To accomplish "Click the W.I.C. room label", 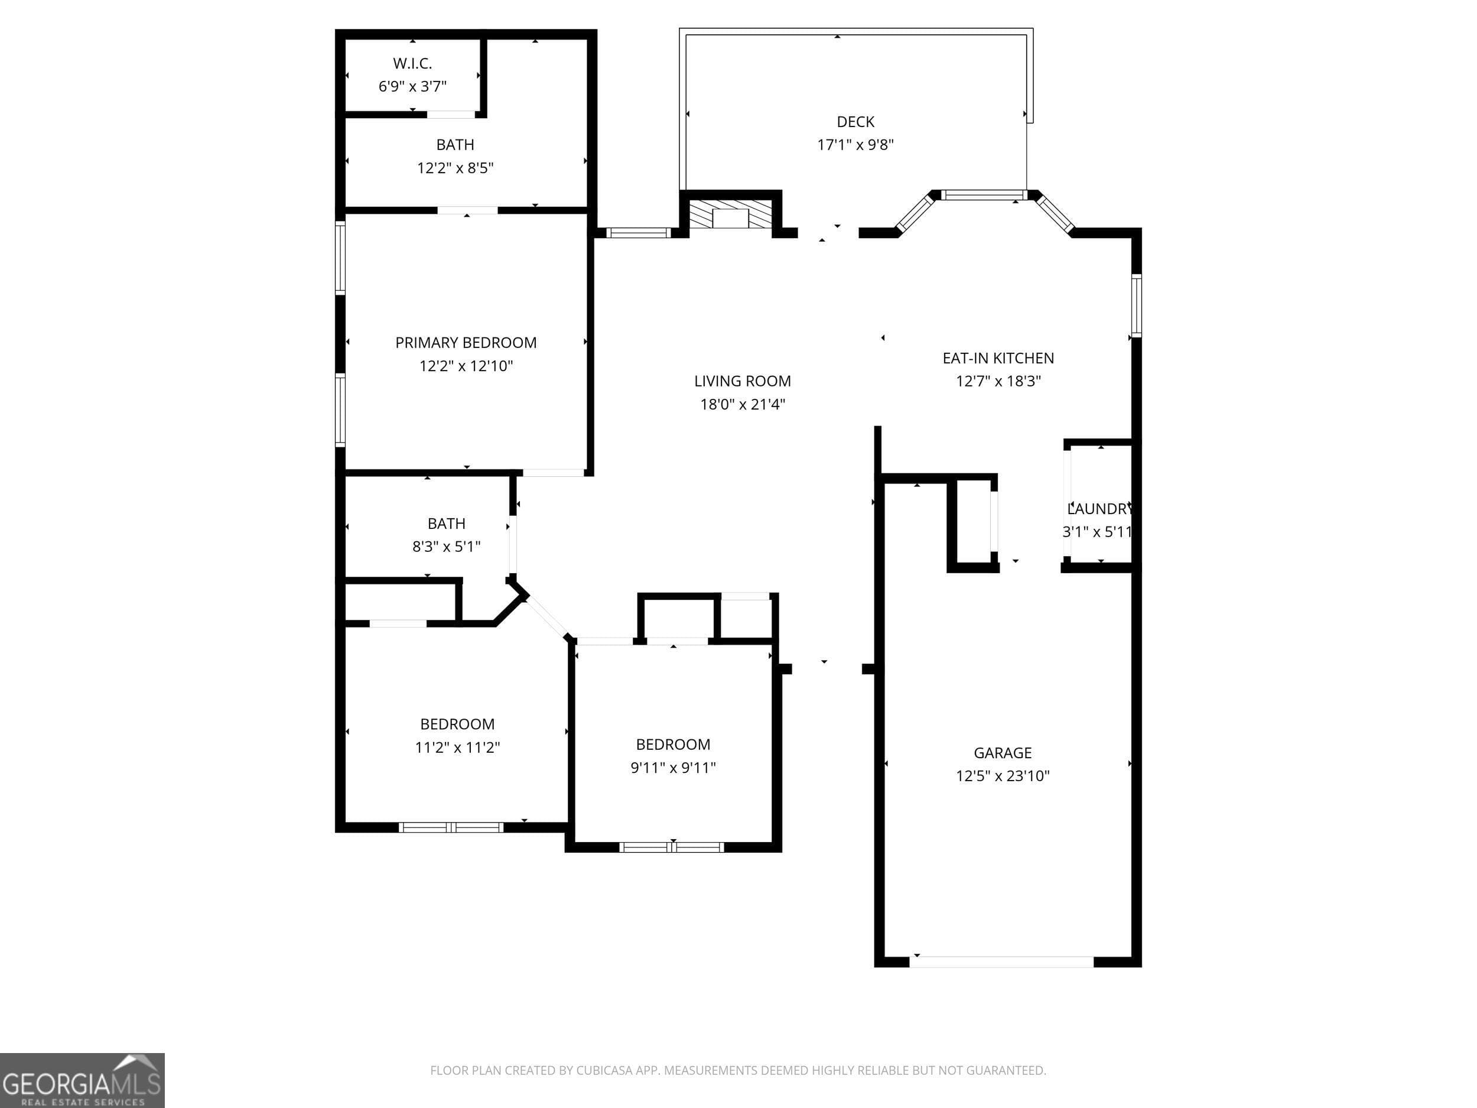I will point(412,63).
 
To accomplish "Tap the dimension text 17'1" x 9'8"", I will point(855,144).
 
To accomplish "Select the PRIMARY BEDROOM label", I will point(466,343).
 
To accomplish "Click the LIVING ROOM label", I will point(742,381).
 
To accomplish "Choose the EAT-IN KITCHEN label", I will point(998,358).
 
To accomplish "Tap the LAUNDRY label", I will point(1098,509).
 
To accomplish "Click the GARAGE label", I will point(1002,753).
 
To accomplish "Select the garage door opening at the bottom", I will point(1001,961).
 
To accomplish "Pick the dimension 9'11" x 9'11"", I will point(673,768).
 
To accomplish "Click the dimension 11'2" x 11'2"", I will point(457,748).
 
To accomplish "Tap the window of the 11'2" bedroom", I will point(451,827).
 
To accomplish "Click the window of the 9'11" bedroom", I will point(672,847).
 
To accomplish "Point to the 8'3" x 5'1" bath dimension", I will point(446,547).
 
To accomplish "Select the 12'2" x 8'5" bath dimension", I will point(455,168).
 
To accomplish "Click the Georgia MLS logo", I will point(82,1080).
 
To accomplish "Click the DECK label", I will point(855,122).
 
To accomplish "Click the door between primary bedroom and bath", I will point(467,210).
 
